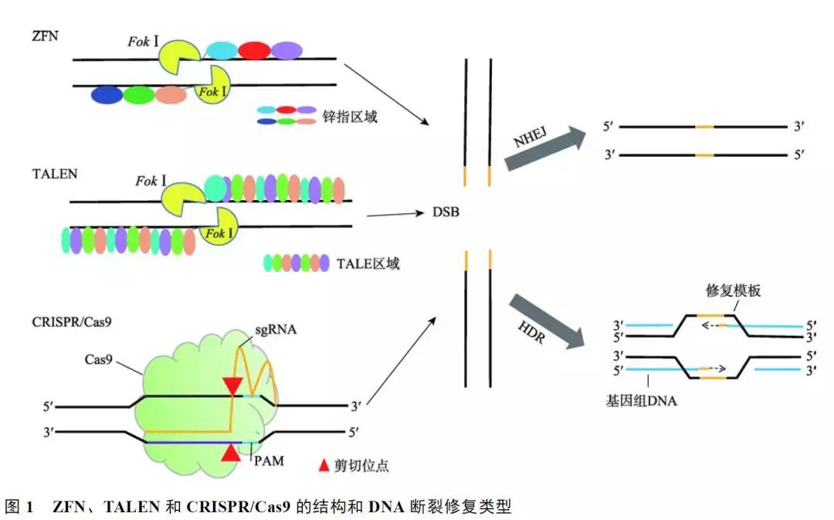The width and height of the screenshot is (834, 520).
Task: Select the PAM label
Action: [267, 461]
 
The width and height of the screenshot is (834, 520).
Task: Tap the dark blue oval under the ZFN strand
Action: [107, 94]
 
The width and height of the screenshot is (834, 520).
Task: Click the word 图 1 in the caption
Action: [19, 508]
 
